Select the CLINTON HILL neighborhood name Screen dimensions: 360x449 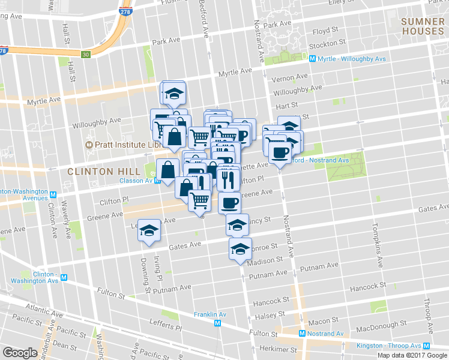click(x=99, y=171)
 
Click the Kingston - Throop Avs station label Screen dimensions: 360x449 click(x=394, y=346)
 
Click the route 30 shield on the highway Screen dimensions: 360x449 click(x=86, y=55)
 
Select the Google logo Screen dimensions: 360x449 click(x=20, y=352)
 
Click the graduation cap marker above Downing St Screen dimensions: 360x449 click(x=148, y=230)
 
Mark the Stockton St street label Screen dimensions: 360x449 click(x=327, y=44)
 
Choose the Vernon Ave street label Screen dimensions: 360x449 click(x=289, y=78)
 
